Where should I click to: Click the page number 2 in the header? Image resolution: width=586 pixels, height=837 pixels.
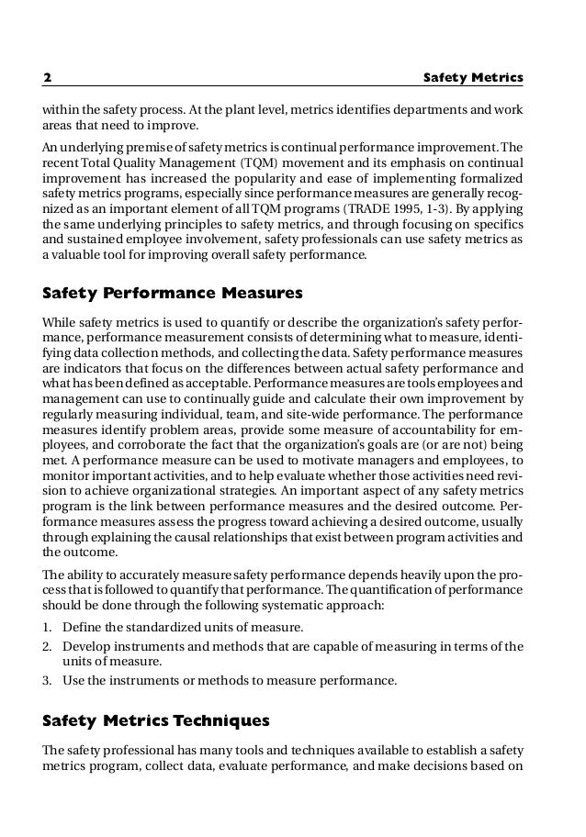(48, 79)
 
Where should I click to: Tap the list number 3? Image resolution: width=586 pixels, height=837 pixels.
(49, 681)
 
